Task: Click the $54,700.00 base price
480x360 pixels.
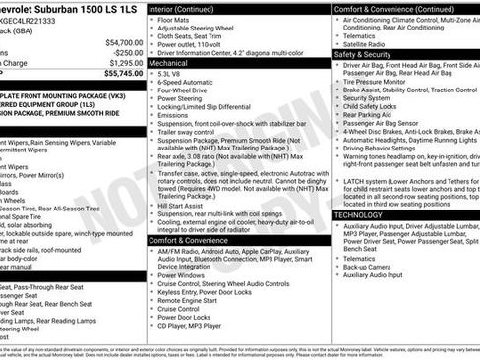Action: tap(123, 43)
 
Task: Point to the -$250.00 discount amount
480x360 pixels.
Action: tap(126, 53)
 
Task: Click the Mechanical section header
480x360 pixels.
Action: tap(170, 61)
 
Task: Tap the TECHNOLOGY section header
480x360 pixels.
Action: tap(358, 214)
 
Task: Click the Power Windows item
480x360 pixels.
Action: tap(181, 275)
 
